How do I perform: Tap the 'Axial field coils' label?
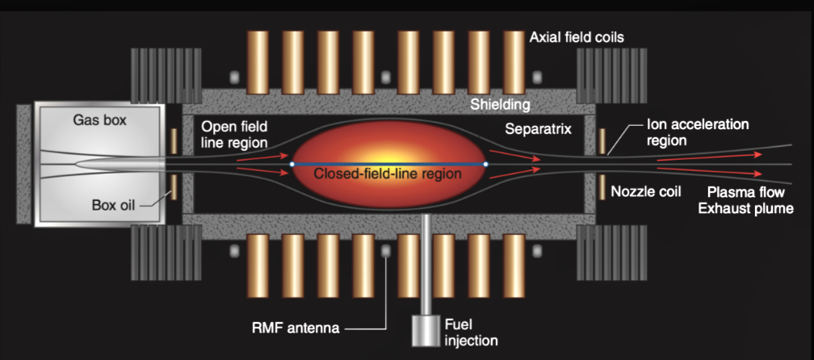pos(577,37)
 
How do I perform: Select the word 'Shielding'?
pos(501,104)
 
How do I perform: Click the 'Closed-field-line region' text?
pos(388,173)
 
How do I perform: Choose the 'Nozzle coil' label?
pos(646,192)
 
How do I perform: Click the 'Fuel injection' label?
pos(468,332)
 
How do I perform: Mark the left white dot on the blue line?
pos(292,164)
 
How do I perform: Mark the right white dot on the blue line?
pos(485,164)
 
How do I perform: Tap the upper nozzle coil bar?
pos(602,140)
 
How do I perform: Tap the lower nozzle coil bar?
pos(602,186)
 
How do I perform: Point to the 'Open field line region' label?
pos(234,134)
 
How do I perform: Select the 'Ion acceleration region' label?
pos(698,132)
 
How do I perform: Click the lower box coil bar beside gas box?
pos(173,187)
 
